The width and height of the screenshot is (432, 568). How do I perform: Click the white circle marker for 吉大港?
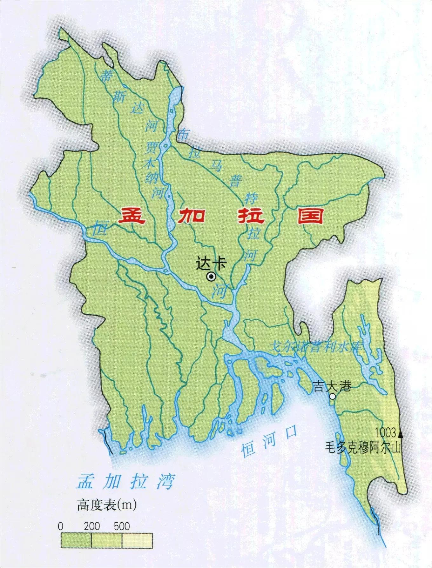point(332,396)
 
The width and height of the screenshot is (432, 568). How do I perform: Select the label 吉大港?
point(332,386)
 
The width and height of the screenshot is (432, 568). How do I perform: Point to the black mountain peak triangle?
point(400,433)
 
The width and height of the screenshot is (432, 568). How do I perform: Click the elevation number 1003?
point(386,432)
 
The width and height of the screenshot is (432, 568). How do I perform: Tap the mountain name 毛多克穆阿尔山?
point(363,448)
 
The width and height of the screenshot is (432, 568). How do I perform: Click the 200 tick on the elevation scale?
point(92,526)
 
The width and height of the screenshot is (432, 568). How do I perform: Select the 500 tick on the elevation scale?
point(122,526)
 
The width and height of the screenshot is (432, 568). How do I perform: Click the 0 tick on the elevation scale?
point(61,526)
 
